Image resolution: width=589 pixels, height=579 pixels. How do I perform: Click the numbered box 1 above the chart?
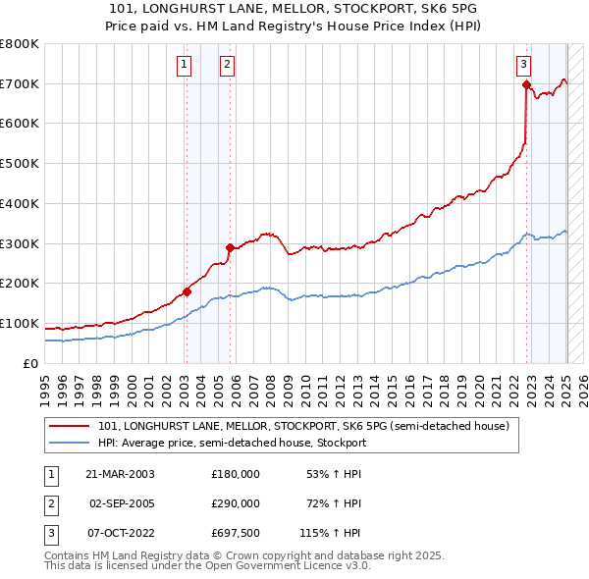[x=184, y=65]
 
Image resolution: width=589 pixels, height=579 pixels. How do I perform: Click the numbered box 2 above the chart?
[x=227, y=65]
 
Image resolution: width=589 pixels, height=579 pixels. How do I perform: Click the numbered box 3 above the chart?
[x=524, y=65]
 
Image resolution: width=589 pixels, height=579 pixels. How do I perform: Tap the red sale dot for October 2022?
[x=526, y=84]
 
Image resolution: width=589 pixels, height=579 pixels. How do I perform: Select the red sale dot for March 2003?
[x=187, y=291]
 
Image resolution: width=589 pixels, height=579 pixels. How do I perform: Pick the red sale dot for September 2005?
[x=230, y=247]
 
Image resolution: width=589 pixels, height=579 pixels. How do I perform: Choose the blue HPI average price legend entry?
[x=232, y=443]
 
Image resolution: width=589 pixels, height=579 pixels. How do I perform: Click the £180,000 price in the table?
[x=236, y=474]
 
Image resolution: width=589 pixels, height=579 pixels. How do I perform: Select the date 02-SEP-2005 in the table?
[x=122, y=503]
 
